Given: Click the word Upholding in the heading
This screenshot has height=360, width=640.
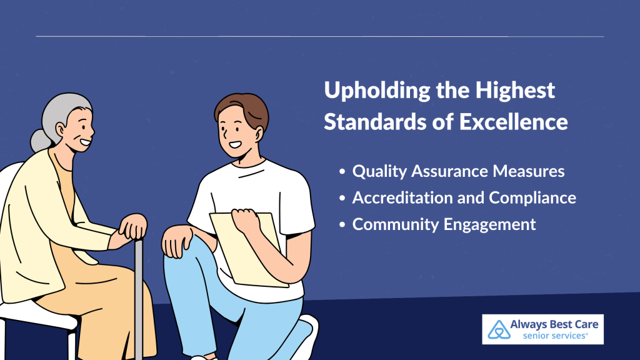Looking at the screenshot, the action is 377,91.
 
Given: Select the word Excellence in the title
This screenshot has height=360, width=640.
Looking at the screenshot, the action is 513,122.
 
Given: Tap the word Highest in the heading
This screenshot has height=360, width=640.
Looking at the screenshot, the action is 515,91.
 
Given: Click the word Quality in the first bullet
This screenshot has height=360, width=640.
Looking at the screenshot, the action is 379,171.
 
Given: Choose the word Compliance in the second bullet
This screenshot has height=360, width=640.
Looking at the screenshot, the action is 532,198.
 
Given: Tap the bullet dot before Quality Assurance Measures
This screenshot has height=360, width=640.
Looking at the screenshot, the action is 342,171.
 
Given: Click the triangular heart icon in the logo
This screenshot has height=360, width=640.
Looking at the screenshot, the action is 499,330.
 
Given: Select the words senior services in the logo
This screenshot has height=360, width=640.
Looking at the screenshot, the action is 555,336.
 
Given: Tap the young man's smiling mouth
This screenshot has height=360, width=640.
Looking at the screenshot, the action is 236,144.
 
